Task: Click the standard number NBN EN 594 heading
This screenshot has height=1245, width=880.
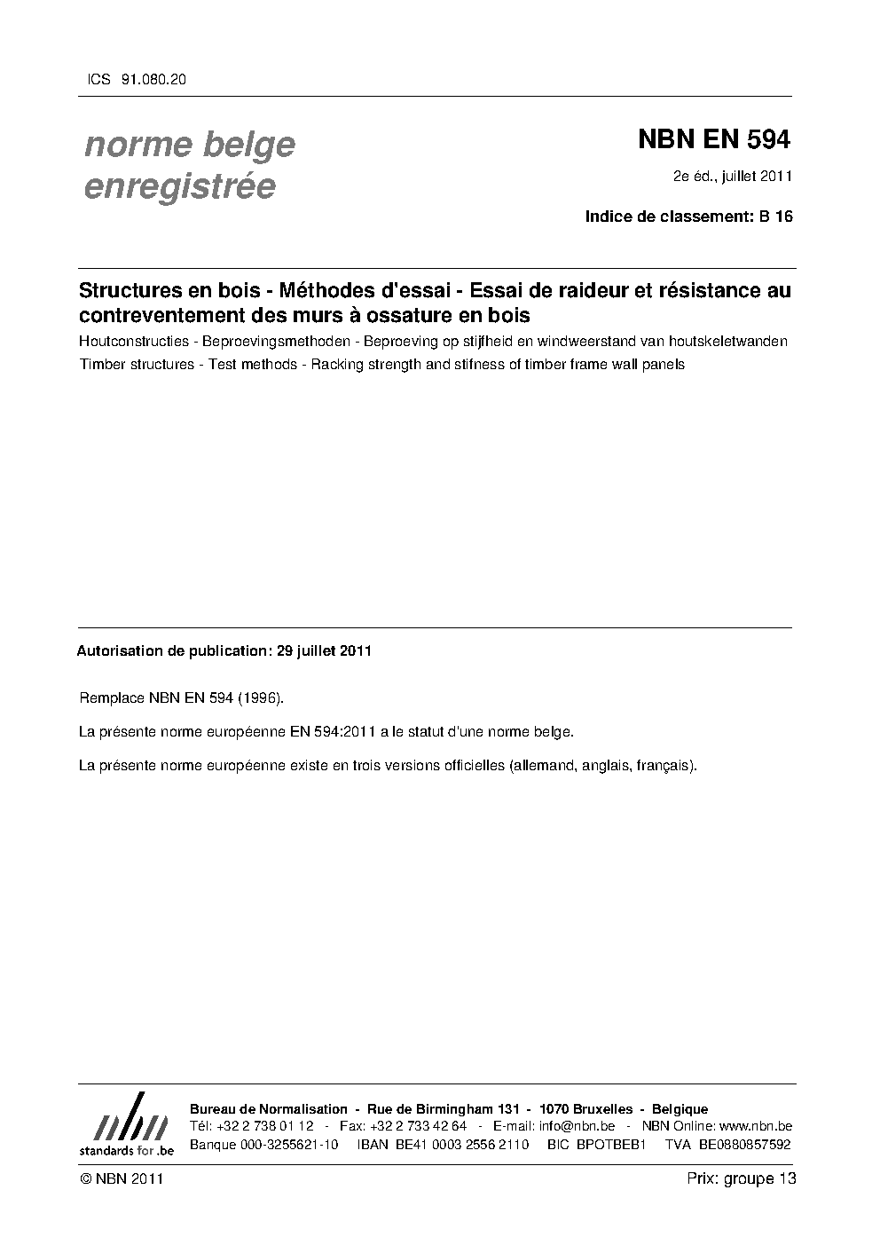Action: click(713, 139)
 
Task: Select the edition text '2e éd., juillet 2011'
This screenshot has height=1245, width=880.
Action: click(732, 176)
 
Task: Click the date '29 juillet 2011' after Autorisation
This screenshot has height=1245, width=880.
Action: click(324, 650)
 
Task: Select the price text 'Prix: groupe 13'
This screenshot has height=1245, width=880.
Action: click(742, 1178)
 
